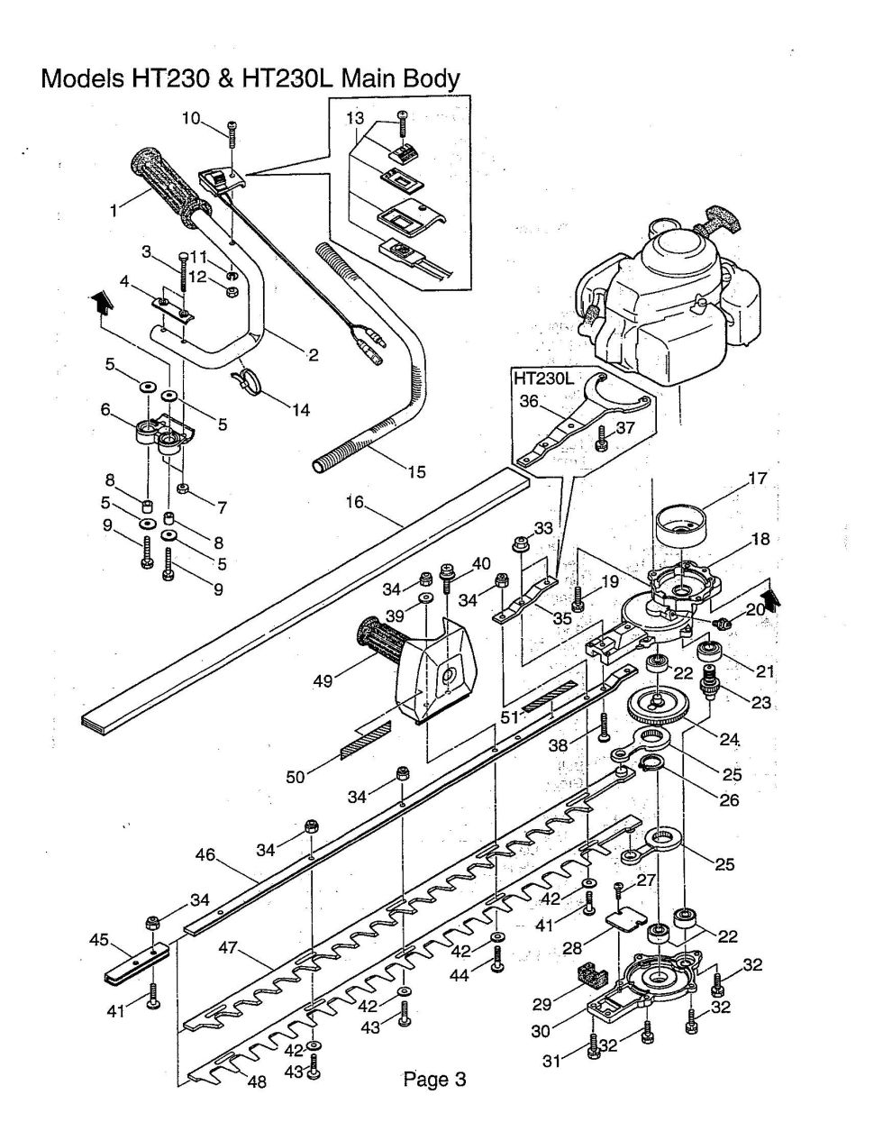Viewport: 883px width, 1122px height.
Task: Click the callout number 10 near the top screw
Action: (x=191, y=118)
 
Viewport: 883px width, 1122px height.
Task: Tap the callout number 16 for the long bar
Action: (x=354, y=502)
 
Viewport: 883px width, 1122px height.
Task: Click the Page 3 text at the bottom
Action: (x=434, y=1079)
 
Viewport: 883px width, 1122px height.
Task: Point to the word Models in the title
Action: (x=81, y=79)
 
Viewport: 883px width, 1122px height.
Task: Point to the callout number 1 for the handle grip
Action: (x=114, y=212)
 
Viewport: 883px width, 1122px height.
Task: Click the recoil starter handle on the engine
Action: (x=722, y=219)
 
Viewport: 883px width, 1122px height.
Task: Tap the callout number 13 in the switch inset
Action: (x=355, y=118)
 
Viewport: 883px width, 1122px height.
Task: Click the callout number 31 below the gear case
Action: (x=551, y=1063)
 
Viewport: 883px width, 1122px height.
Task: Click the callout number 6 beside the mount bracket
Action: (x=105, y=409)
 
